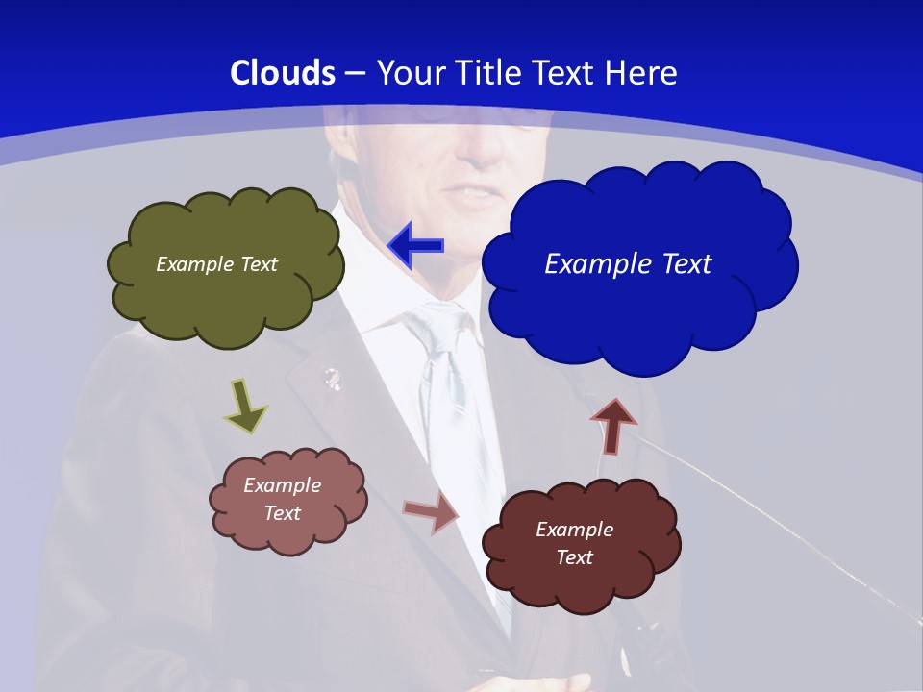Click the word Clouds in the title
point(283,73)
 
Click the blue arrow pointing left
point(416,246)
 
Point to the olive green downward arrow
point(245,405)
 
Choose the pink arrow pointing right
point(432,511)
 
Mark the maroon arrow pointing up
point(612,426)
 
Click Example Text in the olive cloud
point(216,264)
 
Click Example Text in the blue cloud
point(628,263)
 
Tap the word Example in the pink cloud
point(282,485)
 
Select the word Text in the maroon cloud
point(574,557)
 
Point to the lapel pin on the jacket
point(332,378)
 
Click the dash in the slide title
point(355,73)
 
